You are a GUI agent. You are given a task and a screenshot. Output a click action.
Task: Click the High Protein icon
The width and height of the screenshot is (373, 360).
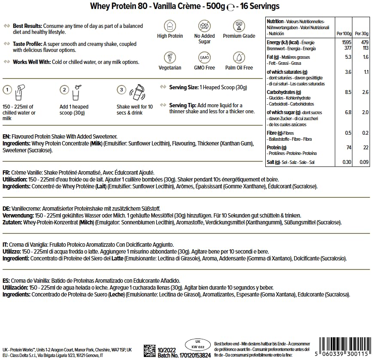pyautogui.click(x=168, y=25)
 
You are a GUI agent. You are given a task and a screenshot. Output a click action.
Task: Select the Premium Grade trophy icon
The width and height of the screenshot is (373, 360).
pyautogui.click(x=239, y=25)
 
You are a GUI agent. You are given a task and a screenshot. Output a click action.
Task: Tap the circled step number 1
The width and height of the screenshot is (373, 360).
pyautogui.click(x=7, y=90)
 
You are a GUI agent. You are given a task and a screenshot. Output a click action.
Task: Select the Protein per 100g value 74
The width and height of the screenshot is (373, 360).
pyautogui.click(x=348, y=147)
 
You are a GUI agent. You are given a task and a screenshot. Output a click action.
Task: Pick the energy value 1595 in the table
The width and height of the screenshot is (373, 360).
pyautogui.click(x=346, y=42)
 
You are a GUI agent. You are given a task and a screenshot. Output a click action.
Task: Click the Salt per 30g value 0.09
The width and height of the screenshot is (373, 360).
pyautogui.click(x=364, y=162)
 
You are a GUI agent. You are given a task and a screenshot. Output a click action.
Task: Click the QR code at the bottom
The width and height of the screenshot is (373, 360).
pyautogui.click(x=149, y=350)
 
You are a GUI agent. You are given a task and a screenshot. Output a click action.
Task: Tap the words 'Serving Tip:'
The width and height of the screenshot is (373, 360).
pyautogui.click(x=182, y=105)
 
